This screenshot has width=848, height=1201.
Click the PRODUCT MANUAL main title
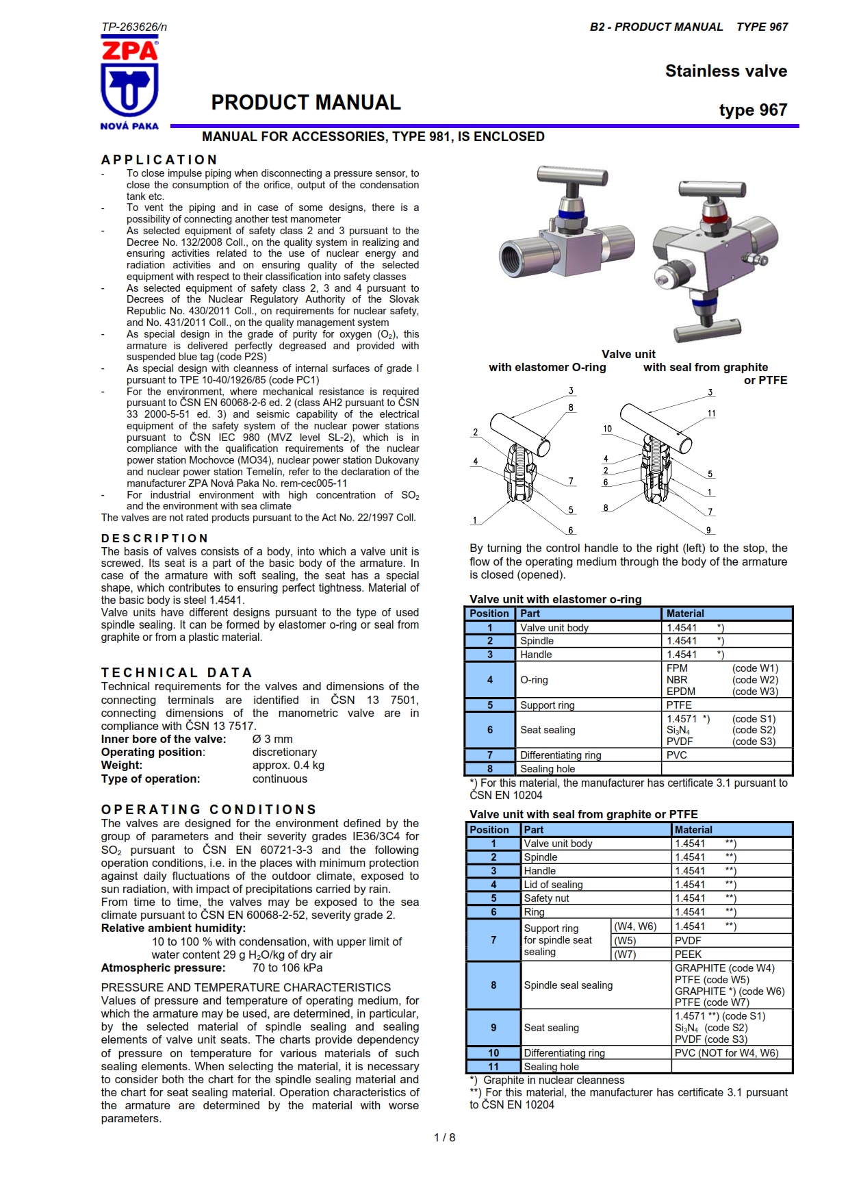[305, 103]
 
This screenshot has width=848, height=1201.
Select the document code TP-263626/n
[134, 27]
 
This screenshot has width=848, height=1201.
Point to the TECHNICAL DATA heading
[177, 672]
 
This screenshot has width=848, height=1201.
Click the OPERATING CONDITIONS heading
[209, 809]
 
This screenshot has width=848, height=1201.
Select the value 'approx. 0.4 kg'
[288, 765]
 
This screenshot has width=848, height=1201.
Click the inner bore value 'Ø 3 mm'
[272, 739]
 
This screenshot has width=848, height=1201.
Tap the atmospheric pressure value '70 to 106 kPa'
[287, 968]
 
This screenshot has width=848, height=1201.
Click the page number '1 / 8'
[444, 1137]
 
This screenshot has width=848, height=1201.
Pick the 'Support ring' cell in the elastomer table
[547, 705]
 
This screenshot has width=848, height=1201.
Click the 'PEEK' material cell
[688, 954]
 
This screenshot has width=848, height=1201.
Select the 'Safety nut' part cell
[546, 898]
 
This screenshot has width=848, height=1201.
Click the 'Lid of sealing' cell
[553, 884]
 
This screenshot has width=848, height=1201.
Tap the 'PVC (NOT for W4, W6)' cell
[726, 1052]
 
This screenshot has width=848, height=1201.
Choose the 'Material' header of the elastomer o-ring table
[685, 614]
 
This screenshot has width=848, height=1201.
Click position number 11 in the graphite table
[493, 1066]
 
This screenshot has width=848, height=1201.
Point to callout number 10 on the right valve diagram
[607, 429]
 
